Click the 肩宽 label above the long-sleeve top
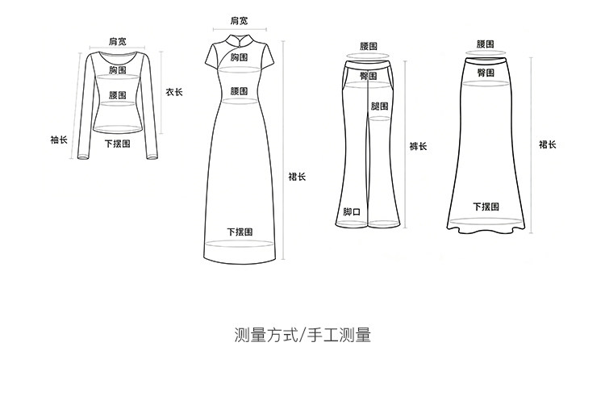118,41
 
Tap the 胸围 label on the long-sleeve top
118,71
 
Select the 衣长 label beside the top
174,92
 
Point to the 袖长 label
59,140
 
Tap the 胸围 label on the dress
240,58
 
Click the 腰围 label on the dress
240,91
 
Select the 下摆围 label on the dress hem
240,232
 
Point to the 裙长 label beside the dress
297,177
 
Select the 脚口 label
352,211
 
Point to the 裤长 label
418,146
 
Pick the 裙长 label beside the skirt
548,144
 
